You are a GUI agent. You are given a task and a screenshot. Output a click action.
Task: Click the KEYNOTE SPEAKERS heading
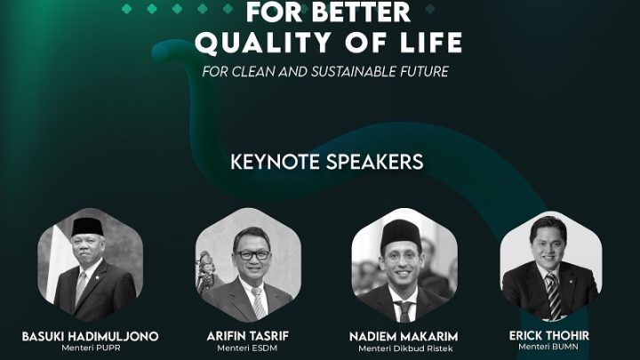pyautogui.click(x=327, y=163)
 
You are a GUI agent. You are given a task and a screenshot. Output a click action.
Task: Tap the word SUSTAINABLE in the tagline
pyautogui.click(x=344, y=71)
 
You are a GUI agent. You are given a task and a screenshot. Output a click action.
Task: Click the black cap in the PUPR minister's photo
pyautogui.click(x=85, y=226)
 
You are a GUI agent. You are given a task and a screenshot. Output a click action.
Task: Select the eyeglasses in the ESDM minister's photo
pyautogui.click(x=252, y=254)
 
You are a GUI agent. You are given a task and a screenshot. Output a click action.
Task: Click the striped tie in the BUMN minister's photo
pyautogui.click(x=552, y=292)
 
